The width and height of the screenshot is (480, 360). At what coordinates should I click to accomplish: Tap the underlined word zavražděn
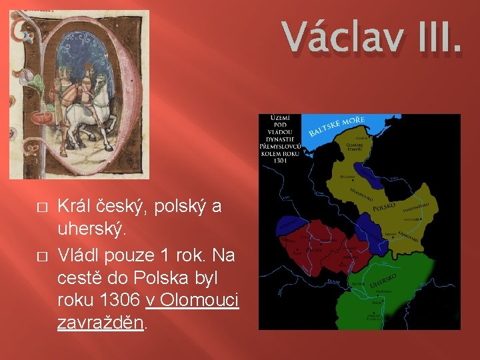point(99,323)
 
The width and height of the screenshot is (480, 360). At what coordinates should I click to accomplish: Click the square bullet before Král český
point(41,207)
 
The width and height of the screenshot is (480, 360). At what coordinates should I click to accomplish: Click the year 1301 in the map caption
point(280,161)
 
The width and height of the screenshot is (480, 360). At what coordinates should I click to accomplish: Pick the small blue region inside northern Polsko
point(371,180)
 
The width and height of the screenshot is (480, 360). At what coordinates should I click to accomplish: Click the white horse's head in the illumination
point(100,83)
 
